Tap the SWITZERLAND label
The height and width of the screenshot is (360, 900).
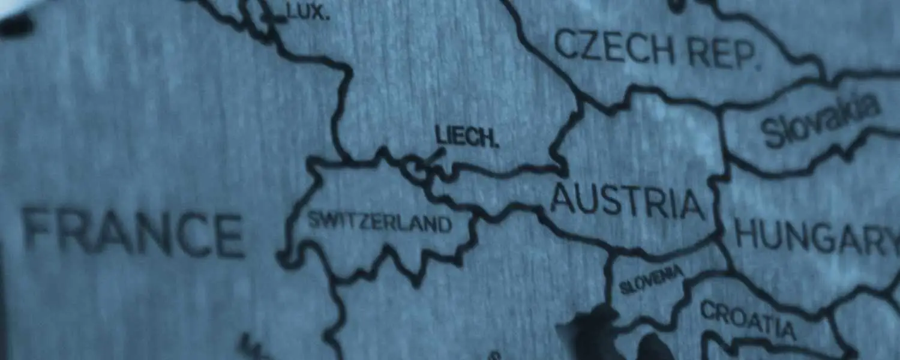379,222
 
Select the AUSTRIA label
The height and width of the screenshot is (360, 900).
626,202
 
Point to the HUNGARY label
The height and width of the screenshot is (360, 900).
816,238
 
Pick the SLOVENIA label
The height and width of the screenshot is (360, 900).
651,280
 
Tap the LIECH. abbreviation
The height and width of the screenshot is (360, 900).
467,138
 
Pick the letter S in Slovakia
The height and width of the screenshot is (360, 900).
772,133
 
